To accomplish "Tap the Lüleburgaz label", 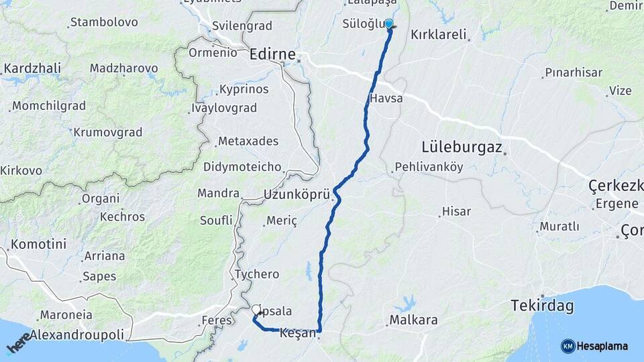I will coord(462,146).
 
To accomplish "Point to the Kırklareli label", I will coord(438,34).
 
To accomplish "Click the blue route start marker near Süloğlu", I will coord(388,24).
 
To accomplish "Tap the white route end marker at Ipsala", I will coord(258,310).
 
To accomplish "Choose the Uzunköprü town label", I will coord(297,195).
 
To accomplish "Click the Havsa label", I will coord(386,99).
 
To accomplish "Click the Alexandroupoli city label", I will coord(77,334).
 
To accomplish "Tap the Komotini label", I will coord(38,244).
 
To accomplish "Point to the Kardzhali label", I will coord(32,68).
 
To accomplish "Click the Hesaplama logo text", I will coord(602,346).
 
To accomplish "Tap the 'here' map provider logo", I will coord(19,343).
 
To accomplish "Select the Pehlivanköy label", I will coord(429,167).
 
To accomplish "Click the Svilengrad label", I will coord(241,26).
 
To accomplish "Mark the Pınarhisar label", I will coord(574,72).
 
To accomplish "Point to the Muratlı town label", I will coord(559,227).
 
